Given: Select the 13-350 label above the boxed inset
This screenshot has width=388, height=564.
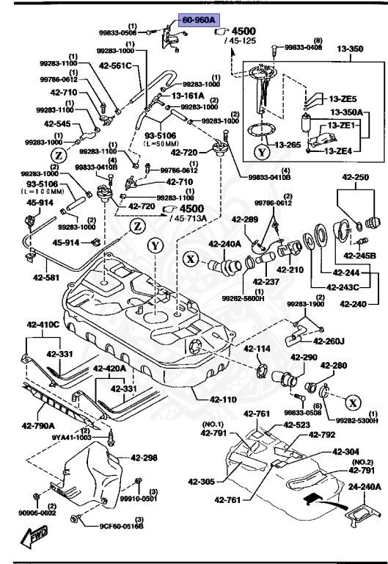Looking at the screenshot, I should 351,49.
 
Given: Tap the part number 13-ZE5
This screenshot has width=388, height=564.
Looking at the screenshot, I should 343,99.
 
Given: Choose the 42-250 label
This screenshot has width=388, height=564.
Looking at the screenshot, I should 356,177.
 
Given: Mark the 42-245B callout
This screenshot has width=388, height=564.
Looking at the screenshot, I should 360,256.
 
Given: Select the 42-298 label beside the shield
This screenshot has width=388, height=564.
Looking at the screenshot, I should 144,458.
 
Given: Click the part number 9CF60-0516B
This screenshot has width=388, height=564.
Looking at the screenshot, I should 121,526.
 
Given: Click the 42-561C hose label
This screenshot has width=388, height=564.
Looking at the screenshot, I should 114,65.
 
